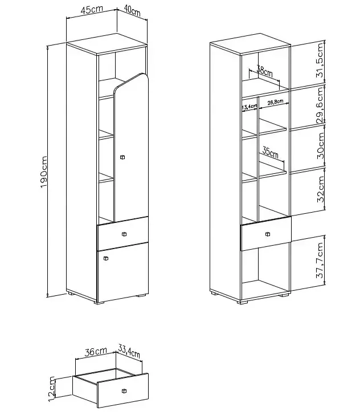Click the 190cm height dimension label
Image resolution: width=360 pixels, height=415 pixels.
point(44,172)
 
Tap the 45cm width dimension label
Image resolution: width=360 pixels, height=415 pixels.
point(92,9)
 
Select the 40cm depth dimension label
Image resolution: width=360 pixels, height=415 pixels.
point(132,11)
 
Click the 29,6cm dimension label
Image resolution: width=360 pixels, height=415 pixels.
point(320,105)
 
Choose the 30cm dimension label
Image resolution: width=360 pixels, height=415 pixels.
point(320,145)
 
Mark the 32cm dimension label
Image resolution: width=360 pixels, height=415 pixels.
point(320,189)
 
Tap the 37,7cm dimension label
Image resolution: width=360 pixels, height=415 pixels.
point(320,260)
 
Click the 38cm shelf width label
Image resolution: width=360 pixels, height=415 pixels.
point(264,71)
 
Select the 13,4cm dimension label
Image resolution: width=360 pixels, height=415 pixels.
point(249,107)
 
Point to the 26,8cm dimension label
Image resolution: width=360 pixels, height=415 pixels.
point(275,102)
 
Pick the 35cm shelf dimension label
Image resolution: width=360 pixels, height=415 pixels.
point(271,153)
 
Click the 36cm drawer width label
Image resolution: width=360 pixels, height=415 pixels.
point(96,352)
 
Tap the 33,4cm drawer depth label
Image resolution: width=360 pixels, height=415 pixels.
point(129,351)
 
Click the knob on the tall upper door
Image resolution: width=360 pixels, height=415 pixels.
point(122,157)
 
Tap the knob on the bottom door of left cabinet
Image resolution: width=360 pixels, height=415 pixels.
point(106,258)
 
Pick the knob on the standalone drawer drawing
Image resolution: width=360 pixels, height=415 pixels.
point(124,391)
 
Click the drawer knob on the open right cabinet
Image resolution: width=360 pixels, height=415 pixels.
point(268,234)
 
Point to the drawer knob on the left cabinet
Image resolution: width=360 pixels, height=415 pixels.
point(124,234)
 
